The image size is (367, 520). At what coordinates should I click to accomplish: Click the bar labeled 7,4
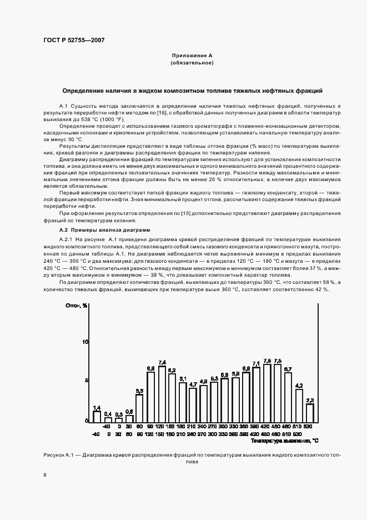[162, 393]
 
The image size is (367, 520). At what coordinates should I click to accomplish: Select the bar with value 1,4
[97, 416]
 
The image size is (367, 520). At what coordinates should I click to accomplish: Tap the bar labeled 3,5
[140, 407]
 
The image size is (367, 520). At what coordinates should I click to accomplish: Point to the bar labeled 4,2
[299, 405]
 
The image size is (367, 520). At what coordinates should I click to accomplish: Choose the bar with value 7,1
[256, 394]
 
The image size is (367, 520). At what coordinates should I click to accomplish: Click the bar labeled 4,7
[193, 404]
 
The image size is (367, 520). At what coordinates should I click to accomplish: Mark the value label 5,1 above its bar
[183, 378]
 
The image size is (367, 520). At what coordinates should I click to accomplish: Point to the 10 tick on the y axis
[86, 342]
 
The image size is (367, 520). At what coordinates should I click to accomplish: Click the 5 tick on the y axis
[87, 381]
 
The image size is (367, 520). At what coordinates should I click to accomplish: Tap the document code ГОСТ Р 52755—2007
[73, 40]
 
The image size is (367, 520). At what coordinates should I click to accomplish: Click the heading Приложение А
[192, 56]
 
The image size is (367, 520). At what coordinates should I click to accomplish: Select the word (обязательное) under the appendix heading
[192, 63]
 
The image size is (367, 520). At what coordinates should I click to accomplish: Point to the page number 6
[45, 475]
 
